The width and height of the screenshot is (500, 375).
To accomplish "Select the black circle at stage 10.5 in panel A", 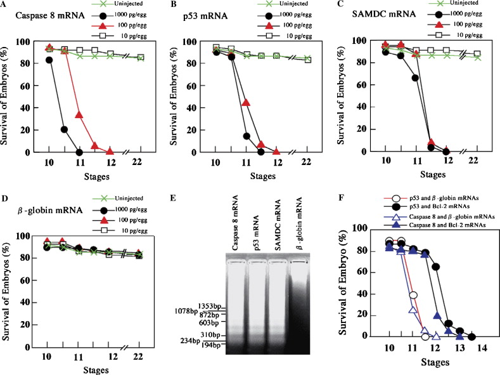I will point(64,129).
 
